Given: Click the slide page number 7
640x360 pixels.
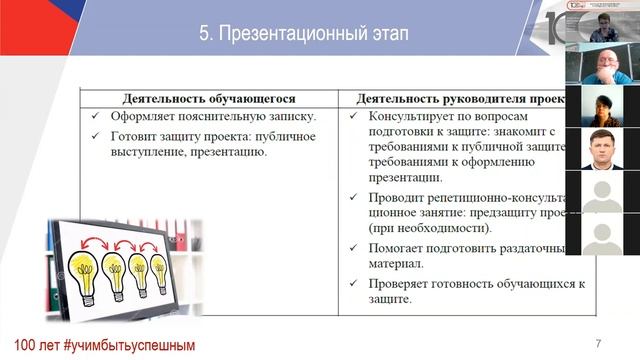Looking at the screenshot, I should tap(598, 343).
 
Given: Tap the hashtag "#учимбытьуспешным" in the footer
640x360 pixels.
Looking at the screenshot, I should tap(128, 345).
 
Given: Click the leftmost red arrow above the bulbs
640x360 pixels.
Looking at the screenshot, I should tap(98, 241).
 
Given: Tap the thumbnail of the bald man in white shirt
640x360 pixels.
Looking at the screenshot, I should tap(602, 65).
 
